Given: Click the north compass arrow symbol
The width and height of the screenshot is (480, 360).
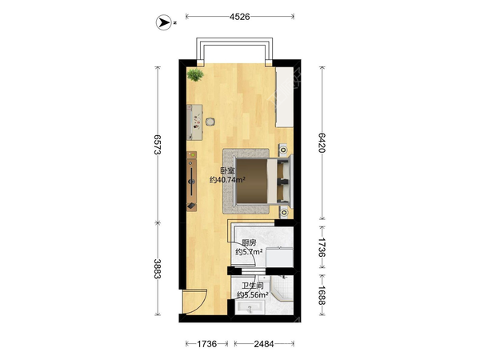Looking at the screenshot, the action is pyautogui.click(x=164, y=22).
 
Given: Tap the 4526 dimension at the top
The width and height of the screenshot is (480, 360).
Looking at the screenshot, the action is pyautogui.click(x=240, y=17).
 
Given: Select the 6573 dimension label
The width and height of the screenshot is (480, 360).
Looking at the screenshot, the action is pyautogui.click(x=158, y=145).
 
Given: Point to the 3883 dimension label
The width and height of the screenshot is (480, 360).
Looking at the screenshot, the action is pyautogui.click(x=158, y=269).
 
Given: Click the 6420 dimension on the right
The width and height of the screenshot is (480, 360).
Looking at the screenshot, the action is pyautogui.click(x=321, y=142).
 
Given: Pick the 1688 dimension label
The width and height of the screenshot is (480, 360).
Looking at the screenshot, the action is pyautogui.click(x=321, y=295).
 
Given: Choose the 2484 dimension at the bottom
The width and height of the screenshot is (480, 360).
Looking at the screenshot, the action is pyautogui.click(x=264, y=344).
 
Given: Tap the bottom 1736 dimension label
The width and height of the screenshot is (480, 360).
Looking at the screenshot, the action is pyautogui.click(x=206, y=344).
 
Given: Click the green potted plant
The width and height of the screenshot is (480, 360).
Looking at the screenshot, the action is pyautogui.click(x=195, y=74).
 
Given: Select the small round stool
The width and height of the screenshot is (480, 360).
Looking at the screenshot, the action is pyautogui.click(x=210, y=122).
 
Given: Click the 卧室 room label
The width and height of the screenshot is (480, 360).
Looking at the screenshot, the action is pyautogui.click(x=227, y=170).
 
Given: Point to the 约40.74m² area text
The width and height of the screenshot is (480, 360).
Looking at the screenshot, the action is pyautogui.click(x=227, y=180).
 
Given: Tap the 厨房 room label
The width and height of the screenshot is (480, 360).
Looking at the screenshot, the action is pyautogui.click(x=249, y=243).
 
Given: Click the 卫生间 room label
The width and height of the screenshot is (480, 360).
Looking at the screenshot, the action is pyautogui.click(x=253, y=286).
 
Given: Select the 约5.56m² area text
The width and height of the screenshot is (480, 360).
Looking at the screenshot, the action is pyautogui.click(x=253, y=295).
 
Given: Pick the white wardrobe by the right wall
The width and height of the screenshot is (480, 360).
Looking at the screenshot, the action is pyautogui.click(x=285, y=97).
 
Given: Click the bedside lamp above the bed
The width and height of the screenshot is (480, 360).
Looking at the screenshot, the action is pyautogui.click(x=284, y=150).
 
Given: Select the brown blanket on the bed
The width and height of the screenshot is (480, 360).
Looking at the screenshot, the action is pyautogui.click(x=252, y=181).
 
